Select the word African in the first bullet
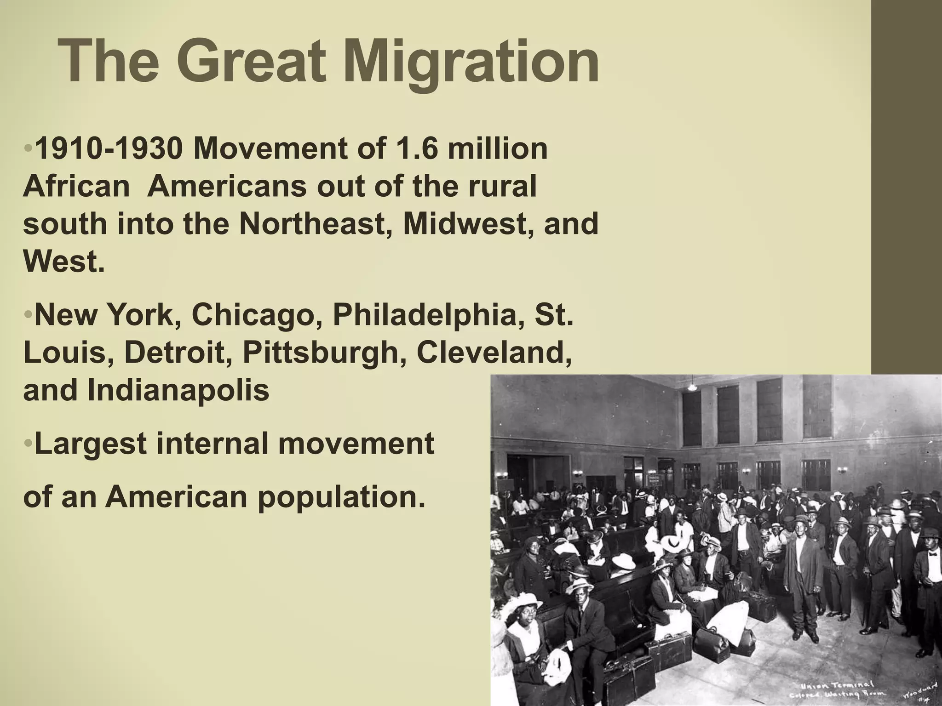point(76,187)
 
